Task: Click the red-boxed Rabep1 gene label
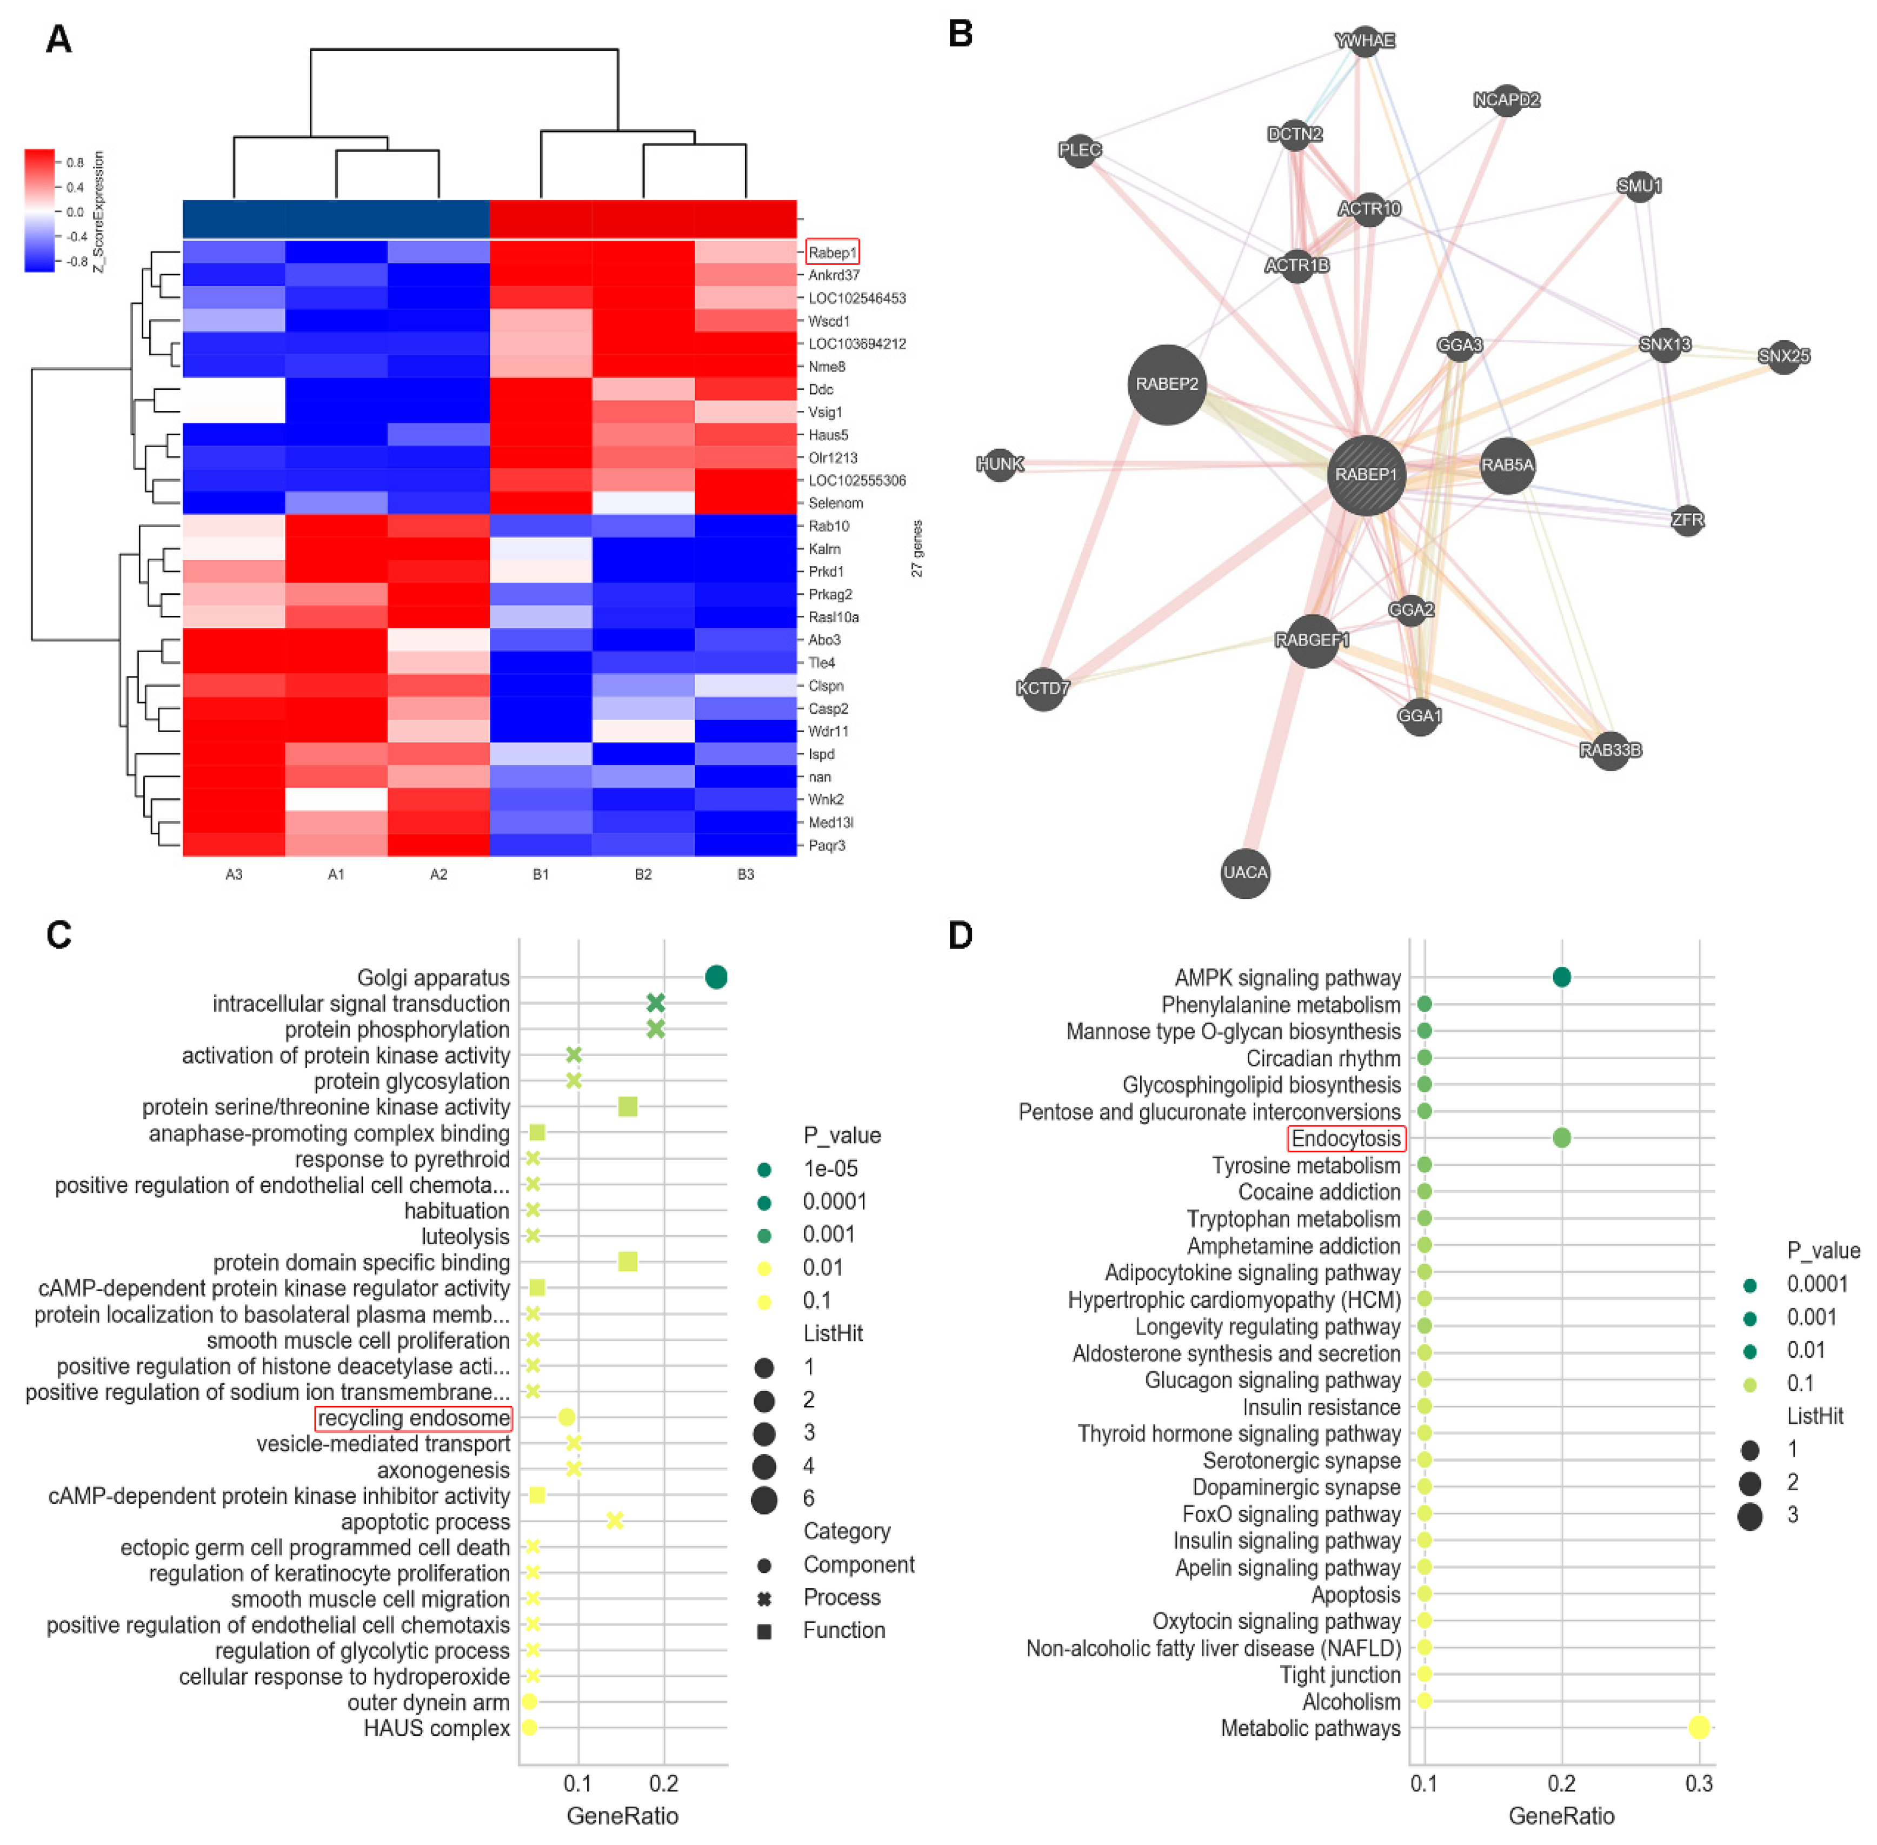(x=831, y=253)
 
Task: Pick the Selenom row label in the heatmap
(x=835, y=503)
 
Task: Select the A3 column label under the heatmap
(x=234, y=874)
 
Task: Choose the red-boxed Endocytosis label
(x=1346, y=1139)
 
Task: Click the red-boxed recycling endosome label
(x=414, y=1418)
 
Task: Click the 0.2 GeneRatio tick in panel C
(x=664, y=1783)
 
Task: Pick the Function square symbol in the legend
(x=763, y=1631)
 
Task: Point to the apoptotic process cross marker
(x=614, y=1521)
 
